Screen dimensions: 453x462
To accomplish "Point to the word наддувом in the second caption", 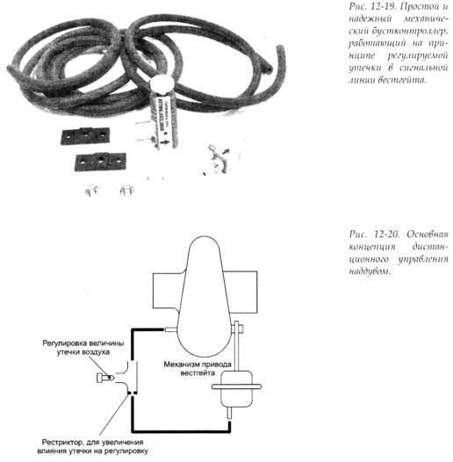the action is coord(370,271).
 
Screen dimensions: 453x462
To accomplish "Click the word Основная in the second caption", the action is coord(428,235).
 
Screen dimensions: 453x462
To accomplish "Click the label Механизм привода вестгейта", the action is coord(198,369).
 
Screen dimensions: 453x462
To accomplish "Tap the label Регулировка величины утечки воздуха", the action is coord(83,348).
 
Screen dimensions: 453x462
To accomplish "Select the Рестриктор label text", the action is coord(92,447).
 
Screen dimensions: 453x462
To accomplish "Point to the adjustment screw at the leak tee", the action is coord(105,378).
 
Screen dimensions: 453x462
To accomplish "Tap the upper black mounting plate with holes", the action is coord(85,136).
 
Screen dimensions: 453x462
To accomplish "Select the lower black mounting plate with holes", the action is coord(100,162).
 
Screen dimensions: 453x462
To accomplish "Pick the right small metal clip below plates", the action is coord(127,190).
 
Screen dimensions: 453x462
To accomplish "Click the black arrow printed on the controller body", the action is coord(166,142).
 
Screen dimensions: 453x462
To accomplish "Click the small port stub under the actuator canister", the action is coord(229,413).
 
